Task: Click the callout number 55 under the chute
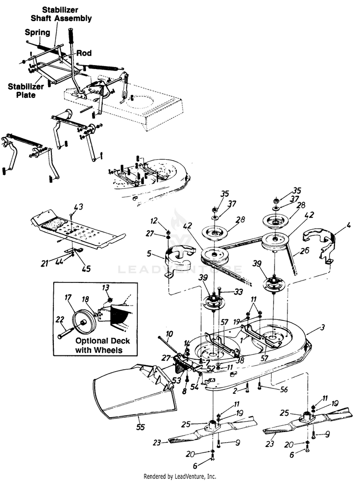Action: tap(140, 427)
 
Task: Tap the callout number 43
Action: tap(78, 207)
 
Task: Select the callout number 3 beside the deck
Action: tap(322, 328)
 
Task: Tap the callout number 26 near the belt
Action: tap(304, 251)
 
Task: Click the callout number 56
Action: tap(284, 389)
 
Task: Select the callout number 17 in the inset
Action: tap(68, 297)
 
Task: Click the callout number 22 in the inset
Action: tap(60, 320)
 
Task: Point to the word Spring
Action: tap(37, 32)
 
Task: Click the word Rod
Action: tap(84, 53)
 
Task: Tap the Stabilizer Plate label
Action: tap(26, 91)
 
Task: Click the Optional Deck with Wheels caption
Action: tap(98, 345)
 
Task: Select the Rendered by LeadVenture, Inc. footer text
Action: tap(180, 476)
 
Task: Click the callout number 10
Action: tap(169, 333)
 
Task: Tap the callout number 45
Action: tap(86, 268)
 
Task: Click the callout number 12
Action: tap(154, 221)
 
